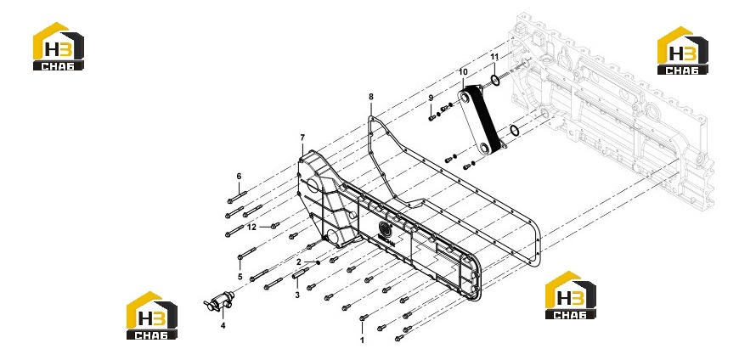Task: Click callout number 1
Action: coord(362,340)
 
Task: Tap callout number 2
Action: coord(299,262)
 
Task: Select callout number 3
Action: coord(297,295)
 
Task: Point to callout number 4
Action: coord(223,325)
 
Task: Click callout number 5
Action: coord(240,276)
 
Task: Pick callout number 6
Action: coord(239,177)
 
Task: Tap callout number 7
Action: coord(302,138)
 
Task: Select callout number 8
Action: coord(371,97)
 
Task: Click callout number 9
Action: coord(431,98)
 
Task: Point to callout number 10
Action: coord(463,71)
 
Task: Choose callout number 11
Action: coord(494,57)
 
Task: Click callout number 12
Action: coord(252,227)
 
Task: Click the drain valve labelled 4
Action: coord(218,301)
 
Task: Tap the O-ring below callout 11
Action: coord(495,81)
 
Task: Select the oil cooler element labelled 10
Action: coord(482,121)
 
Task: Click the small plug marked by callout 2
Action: coord(319,262)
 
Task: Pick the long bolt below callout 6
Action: coord(237,197)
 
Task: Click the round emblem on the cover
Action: coord(385,229)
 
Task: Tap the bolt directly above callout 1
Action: coord(364,318)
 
